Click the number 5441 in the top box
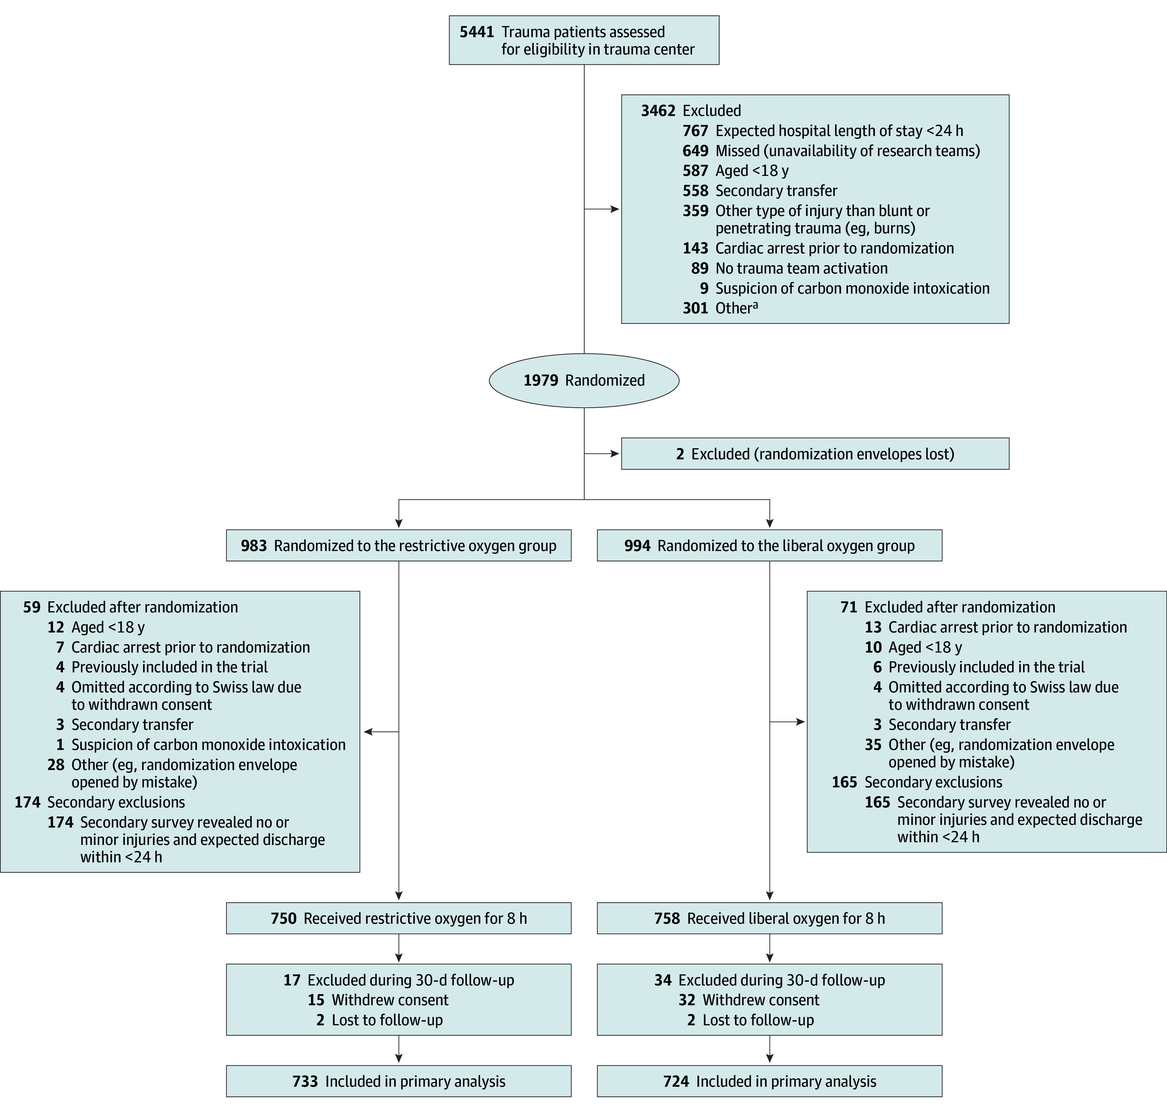[x=476, y=32]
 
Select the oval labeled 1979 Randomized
[x=584, y=380]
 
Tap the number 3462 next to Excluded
[x=658, y=111]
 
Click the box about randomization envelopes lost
[x=815, y=454]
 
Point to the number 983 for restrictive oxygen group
[x=254, y=545]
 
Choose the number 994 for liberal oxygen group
[x=637, y=545]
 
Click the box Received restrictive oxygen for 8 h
[x=398, y=918]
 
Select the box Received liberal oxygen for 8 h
[x=769, y=918]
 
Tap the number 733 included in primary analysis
[x=305, y=1081]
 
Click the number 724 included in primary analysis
[x=676, y=1081]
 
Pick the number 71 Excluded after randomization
[x=849, y=607]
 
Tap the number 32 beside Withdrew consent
[x=687, y=1000]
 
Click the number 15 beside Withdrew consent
[x=316, y=1000]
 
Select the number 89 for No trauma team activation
[x=700, y=268]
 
